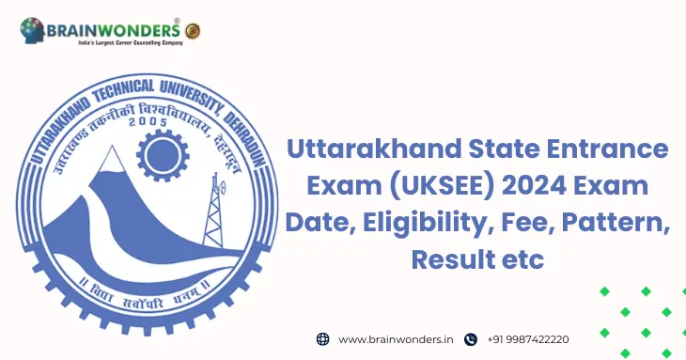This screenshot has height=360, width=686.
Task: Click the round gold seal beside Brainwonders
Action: pyautogui.click(x=193, y=31)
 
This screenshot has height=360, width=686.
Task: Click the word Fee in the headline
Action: pyautogui.click(x=530, y=224)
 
